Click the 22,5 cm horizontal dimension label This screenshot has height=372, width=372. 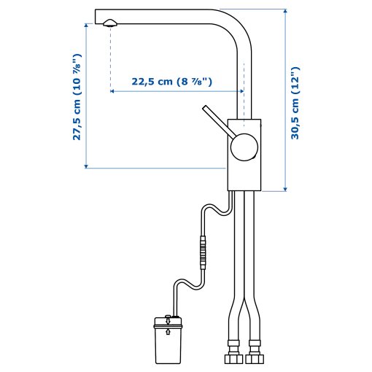(x=171, y=82)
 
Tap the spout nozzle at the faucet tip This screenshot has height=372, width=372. (x=109, y=23)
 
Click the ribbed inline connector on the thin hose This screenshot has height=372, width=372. (x=202, y=251)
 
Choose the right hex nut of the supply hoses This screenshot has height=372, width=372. (x=255, y=360)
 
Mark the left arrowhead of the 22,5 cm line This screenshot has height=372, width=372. (x=113, y=92)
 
